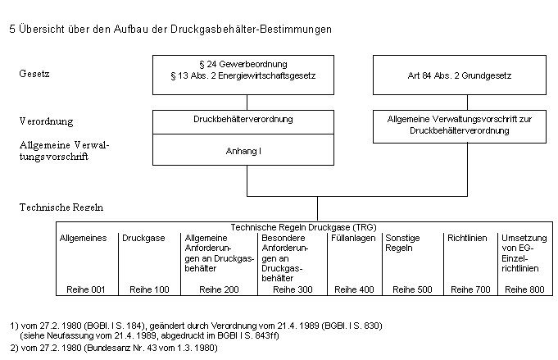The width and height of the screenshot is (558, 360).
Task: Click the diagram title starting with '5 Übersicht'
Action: [170, 29]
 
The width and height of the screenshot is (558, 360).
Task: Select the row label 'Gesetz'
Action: [34, 74]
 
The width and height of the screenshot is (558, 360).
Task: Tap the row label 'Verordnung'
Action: [46, 121]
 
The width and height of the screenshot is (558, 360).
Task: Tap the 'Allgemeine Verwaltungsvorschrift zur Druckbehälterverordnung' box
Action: [459, 125]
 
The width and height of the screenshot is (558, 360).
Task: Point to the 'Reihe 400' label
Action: [353, 289]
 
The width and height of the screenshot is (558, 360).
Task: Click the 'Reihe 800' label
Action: [524, 289]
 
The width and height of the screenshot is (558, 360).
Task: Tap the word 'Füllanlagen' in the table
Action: [353, 238]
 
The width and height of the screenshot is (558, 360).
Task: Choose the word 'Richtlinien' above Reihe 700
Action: [467, 238]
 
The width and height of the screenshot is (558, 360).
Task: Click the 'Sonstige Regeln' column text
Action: [402, 243]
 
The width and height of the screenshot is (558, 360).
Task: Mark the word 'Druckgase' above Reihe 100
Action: [143, 238]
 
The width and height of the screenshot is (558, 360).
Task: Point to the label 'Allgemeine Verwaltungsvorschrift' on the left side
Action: [64, 150]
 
